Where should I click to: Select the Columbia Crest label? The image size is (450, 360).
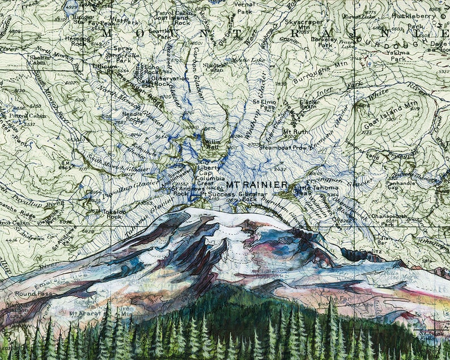pos(207,180)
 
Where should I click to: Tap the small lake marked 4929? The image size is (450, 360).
pos(71,9)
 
